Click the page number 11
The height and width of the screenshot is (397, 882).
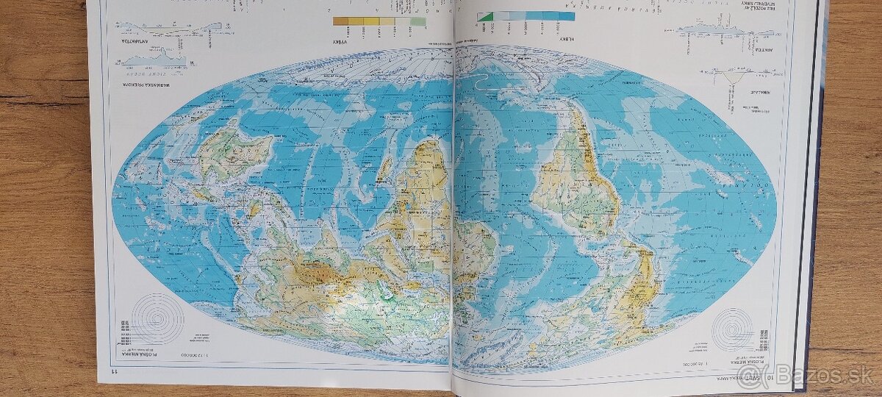pyautogui.click(x=104, y=376)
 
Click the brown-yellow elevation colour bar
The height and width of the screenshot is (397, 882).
pyautogui.click(x=379, y=21)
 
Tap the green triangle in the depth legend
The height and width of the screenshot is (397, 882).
pyautogui.click(x=484, y=16)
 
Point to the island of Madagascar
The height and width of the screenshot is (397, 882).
pyautogui.click(x=384, y=168)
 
